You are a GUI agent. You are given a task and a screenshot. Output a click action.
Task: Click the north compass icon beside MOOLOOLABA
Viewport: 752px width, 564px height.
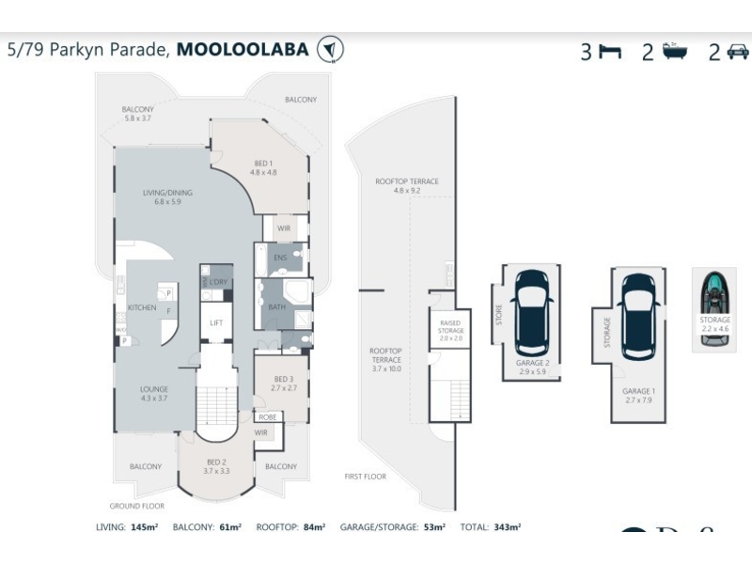(x=331, y=50)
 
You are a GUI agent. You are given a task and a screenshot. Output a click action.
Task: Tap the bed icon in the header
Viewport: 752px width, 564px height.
(x=610, y=53)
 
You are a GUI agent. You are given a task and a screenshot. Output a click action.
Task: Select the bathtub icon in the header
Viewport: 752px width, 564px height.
(x=674, y=52)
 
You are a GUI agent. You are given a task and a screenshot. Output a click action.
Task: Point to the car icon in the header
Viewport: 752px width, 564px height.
(x=738, y=53)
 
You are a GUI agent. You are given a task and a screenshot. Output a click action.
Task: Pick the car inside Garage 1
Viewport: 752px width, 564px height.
(x=638, y=311)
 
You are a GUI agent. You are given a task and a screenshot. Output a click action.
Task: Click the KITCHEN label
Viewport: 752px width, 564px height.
(x=141, y=308)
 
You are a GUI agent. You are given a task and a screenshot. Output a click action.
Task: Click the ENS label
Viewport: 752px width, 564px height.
(x=280, y=258)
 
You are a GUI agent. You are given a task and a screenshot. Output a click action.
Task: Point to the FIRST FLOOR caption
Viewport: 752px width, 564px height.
(x=366, y=477)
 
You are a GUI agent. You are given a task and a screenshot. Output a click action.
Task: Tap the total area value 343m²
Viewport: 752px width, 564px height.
(x=508, y=528)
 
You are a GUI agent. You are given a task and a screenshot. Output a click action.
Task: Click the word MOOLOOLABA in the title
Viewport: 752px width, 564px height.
(x=243, y=49)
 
